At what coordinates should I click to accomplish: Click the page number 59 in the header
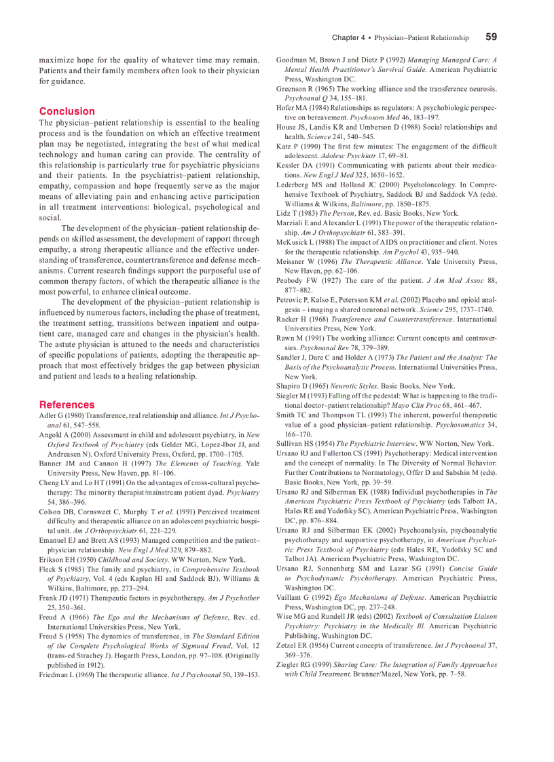coord(491,37)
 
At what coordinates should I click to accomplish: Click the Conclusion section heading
coord(67,111)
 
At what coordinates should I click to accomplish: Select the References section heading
coord(67,404)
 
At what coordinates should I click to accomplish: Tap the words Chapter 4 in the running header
coord(348,38)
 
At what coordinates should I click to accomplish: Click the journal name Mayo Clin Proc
coord(415,406)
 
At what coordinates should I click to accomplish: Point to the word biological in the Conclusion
coord(184,207)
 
